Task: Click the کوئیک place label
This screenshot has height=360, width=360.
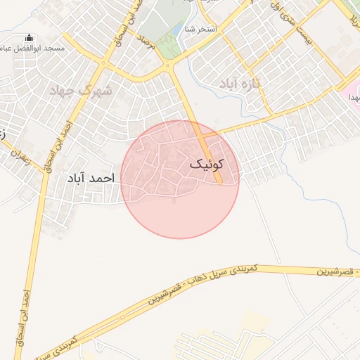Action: [207, 164]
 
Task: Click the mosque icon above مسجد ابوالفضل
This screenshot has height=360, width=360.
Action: [28, 38]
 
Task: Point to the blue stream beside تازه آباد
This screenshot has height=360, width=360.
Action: [284, 130]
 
